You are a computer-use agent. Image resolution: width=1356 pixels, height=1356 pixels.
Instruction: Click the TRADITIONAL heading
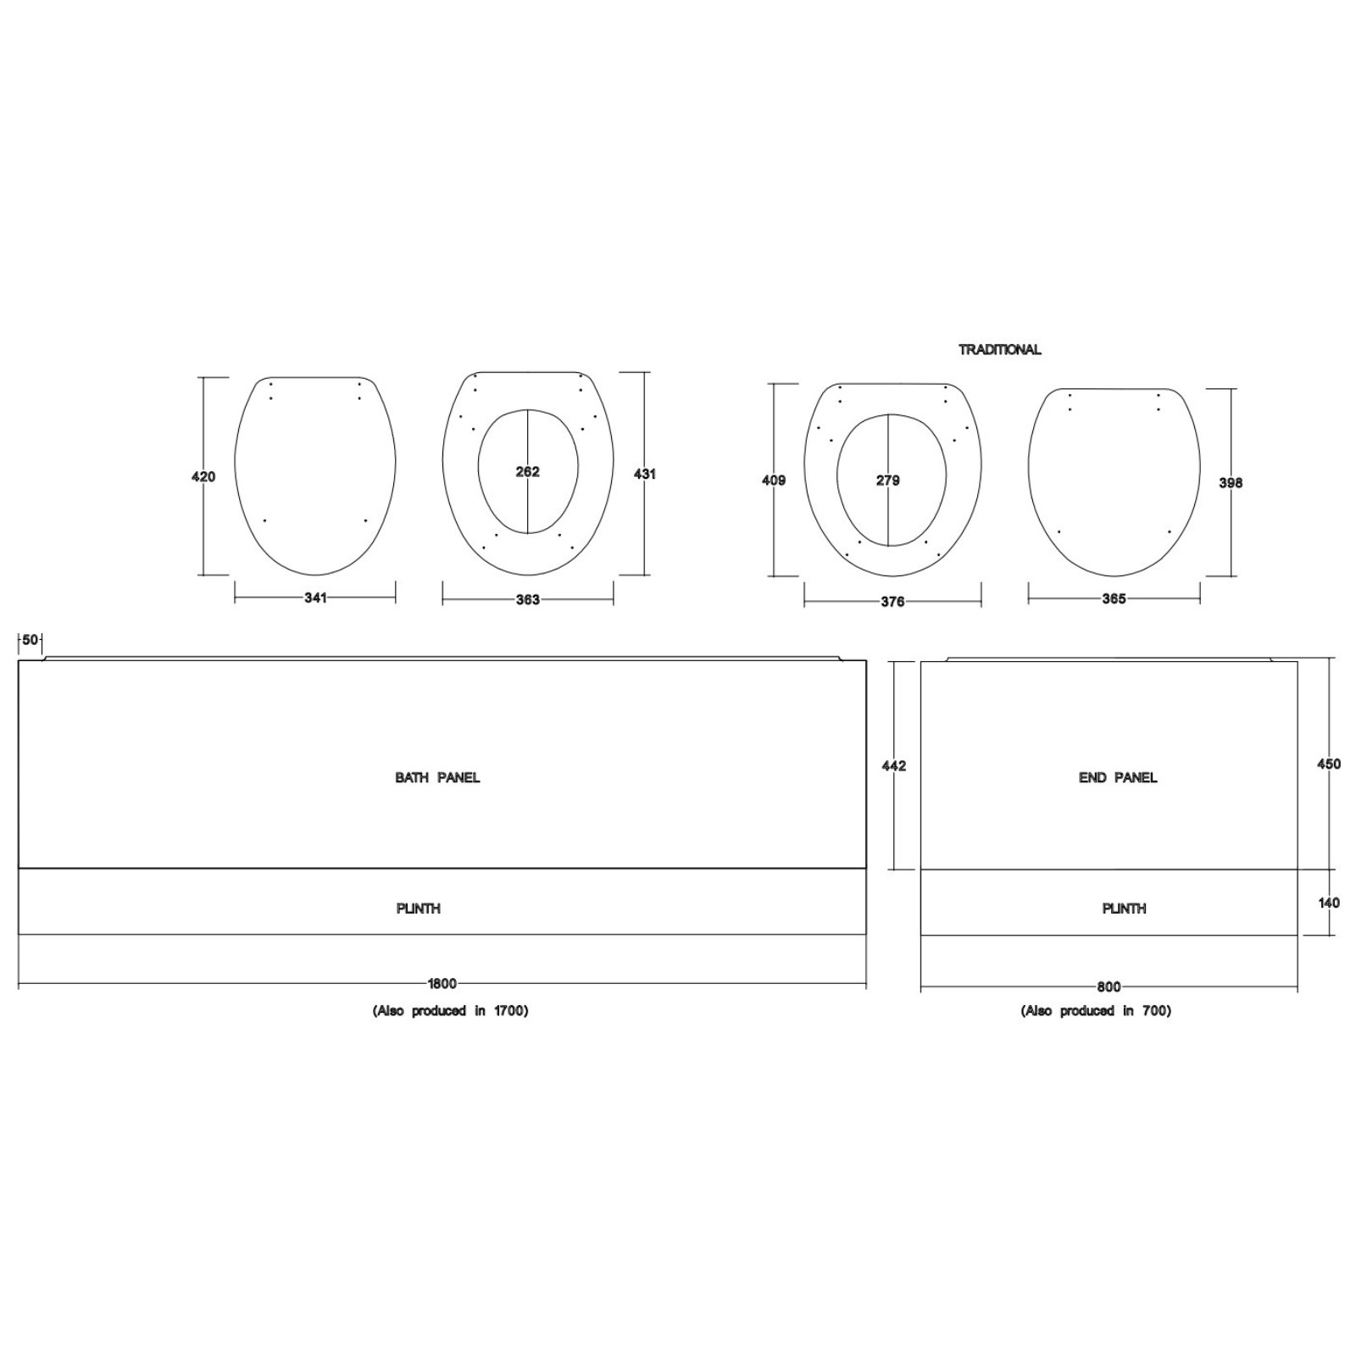pos(999,349)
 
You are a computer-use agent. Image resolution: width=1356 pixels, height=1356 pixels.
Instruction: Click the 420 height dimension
pos(203,476)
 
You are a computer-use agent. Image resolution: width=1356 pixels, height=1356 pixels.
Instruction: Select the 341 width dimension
pos(315,597)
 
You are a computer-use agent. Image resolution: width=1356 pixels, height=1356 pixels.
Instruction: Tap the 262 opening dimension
pos(527,471)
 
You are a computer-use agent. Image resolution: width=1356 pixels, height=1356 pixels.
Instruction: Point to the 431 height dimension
pos(644,474)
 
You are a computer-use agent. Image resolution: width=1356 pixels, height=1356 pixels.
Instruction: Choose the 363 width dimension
pos(527,599)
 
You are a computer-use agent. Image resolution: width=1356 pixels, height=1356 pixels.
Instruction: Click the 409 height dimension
pos(774,480)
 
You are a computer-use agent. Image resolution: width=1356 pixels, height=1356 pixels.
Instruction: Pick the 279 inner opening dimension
pos(887,480)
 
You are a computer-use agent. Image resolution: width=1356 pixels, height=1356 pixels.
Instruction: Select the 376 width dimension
pos(892,601)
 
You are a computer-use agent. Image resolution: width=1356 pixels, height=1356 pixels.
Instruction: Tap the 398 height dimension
pos(1231,482)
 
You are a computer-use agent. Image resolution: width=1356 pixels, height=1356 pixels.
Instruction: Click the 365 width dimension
pos(1114,598)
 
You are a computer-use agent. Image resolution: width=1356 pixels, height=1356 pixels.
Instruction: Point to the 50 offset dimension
pos(31,640)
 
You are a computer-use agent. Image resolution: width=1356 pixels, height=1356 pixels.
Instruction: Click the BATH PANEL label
pos(437,777)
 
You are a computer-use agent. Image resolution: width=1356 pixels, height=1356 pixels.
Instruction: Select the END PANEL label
pos(1117,777)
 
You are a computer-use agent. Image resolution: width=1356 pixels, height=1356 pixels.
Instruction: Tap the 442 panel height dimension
pos(894,765)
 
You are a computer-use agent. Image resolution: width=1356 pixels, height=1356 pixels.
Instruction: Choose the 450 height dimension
pos(1329,764)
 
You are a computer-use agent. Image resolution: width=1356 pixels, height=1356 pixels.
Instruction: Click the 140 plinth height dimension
pos(1329,903)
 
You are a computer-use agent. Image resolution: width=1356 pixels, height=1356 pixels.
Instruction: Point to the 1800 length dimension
pos(442,983)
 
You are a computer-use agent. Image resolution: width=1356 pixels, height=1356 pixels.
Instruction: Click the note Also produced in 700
pos(1096,1010)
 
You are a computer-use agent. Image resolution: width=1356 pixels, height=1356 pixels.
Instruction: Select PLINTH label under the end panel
pos(1124,908)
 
